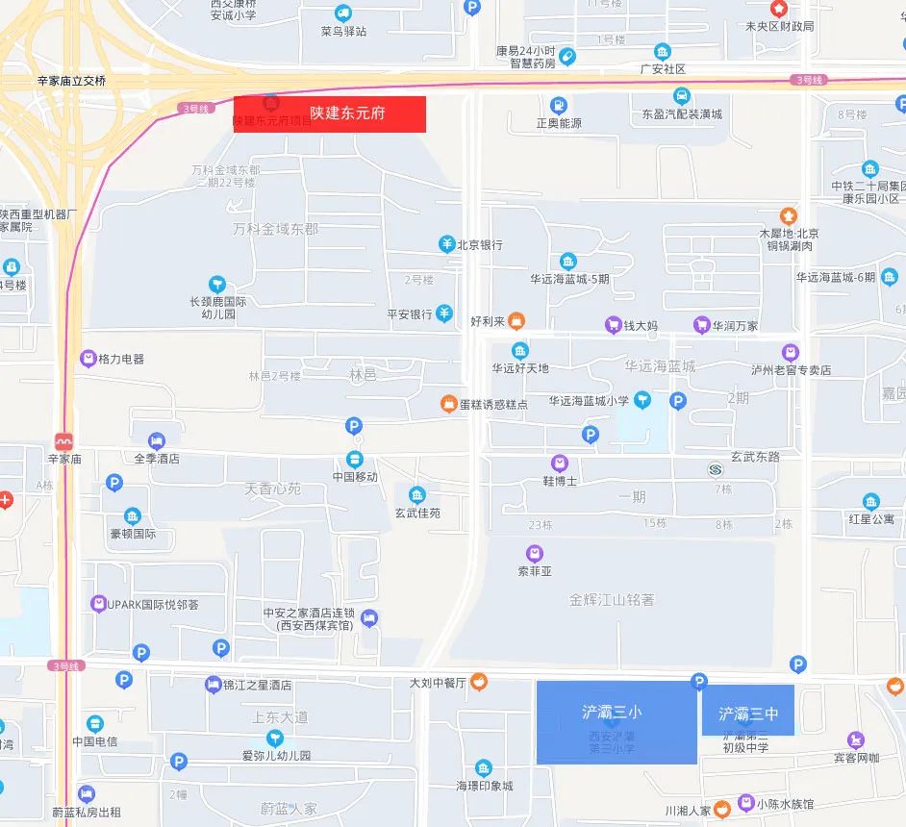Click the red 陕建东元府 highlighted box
pos(330,113)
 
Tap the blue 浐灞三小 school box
pos(616,721)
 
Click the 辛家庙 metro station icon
pos(64,442)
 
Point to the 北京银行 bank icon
pos(446,244)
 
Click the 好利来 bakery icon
pos(516,319)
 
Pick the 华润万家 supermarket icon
pos(702,325)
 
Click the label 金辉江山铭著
pos(612,599)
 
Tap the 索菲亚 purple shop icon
pos(535,553)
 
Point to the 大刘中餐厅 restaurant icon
pos(478,683)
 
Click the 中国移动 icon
pos(355,459)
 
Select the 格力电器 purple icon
pos(88,359)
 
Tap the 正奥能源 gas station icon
pos(559,105)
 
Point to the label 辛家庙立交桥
pos(71,81)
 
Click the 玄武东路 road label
pos(755,457)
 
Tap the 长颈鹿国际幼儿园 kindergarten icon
pos(217,284)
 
